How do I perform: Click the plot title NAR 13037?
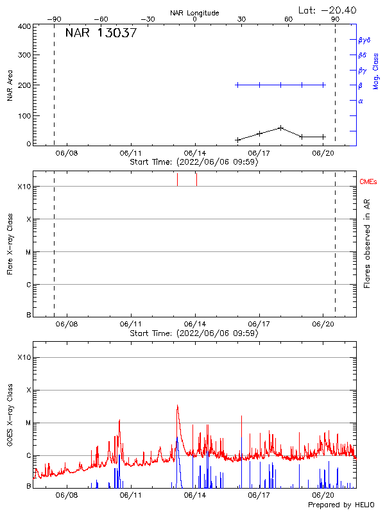point(101,34)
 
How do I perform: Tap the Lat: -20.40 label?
point(327,9)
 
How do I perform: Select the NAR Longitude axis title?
point(194,13)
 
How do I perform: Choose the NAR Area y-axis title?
point(10,86)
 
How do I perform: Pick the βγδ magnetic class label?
point(364,40)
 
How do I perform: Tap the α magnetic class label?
point(361,101)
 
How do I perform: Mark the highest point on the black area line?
point(280,128)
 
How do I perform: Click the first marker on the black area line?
point(238,139)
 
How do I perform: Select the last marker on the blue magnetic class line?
point(323,85)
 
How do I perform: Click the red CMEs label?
point(369,182)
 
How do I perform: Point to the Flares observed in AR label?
point(368,242)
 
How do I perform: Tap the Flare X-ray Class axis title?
point(10,242)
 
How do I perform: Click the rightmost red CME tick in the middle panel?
point(196,180)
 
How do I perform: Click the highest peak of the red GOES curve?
point(177,405)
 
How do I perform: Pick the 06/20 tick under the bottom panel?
point(323,495)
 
